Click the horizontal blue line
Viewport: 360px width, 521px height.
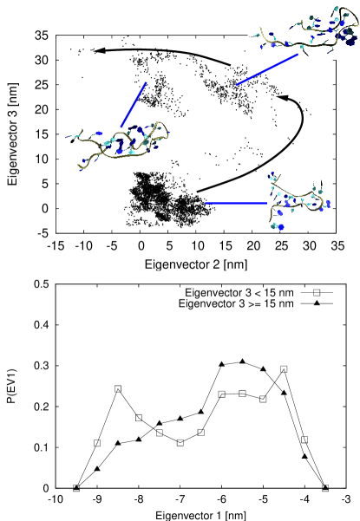(x=234, y=203)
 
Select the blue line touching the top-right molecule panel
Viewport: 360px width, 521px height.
(x=267, y=70)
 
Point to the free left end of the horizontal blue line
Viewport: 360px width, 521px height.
(x=206, y=203)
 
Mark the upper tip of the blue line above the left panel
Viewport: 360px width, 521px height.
(x=147, y=82)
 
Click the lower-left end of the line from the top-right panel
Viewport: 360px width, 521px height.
(x=237, y=85)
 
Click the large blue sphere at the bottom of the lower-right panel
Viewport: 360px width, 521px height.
(x=281, y=226)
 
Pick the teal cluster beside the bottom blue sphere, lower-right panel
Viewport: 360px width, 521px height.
(x=273, y=225)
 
